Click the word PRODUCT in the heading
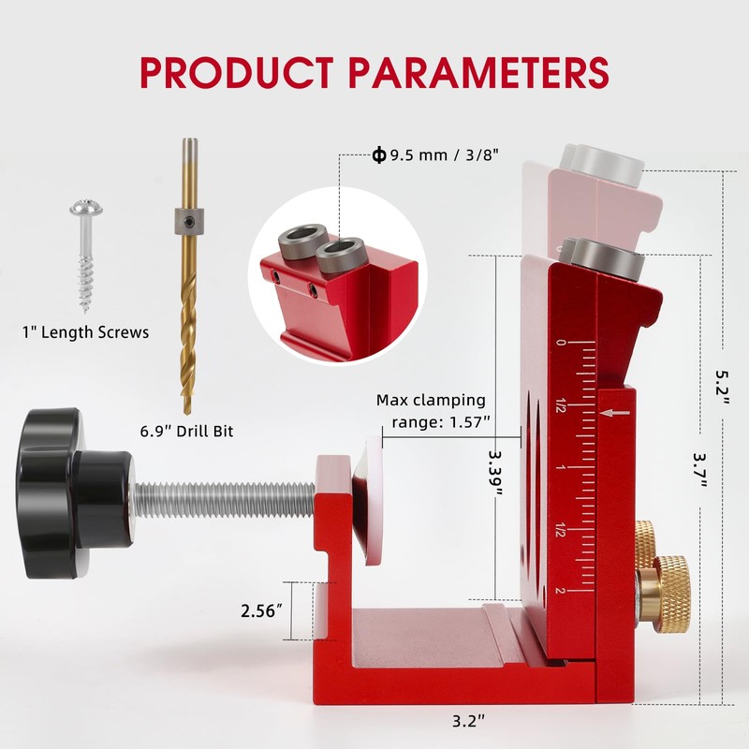pyautogui.click(x=237, y=72)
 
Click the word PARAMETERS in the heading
pyautogui.click(x=478, y=72)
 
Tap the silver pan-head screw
pyautogui.click(x=86, y=255)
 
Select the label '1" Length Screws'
pyautogui.click(x=86, y=332)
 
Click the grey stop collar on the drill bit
pyautogui.click(x=190, y=221)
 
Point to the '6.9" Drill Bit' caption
pyautogui.click(x=186, y=431)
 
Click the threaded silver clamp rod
pyautogui.click(x=224, y=500)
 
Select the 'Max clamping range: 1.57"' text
pyautogui.click(x=432, y=410)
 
